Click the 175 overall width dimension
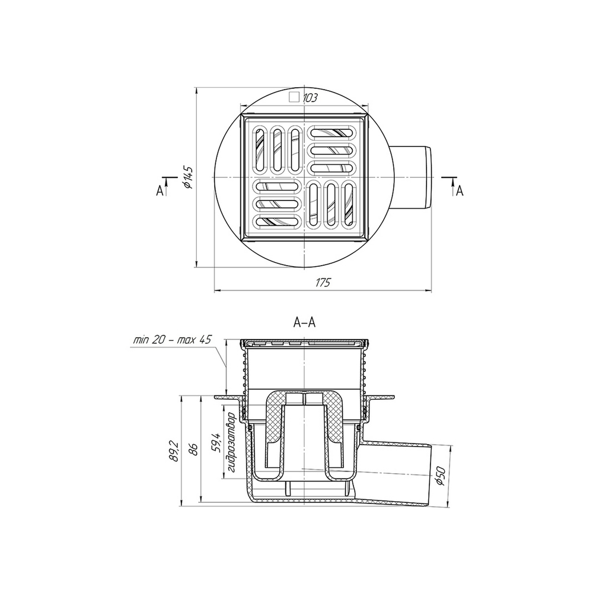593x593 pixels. click(323, 282)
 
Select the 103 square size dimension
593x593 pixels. click(310, 98)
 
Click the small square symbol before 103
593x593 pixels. click(294, 98)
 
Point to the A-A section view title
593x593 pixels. click(304, 322)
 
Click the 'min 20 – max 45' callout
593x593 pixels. click(172, 340)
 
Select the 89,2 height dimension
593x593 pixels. click(174, 451)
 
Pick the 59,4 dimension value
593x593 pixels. click(216, 443)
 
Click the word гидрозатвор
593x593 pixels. click(231, 442)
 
